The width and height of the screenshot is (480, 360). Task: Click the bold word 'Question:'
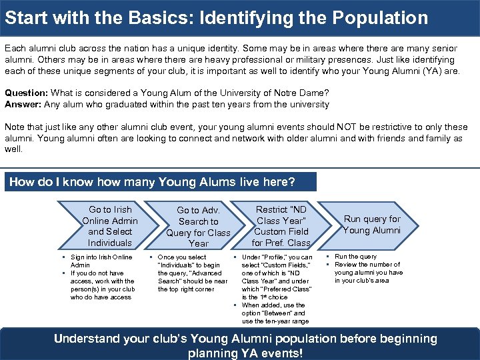[x=25, y=93]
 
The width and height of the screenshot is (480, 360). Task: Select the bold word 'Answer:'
[x=23, y=104]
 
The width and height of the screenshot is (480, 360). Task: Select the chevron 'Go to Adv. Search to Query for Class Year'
[x=198, y=227]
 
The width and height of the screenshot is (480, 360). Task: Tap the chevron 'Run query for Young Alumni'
[x=371, y=225]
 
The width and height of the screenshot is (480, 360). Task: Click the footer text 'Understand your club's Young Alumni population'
[x=245, y=339]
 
